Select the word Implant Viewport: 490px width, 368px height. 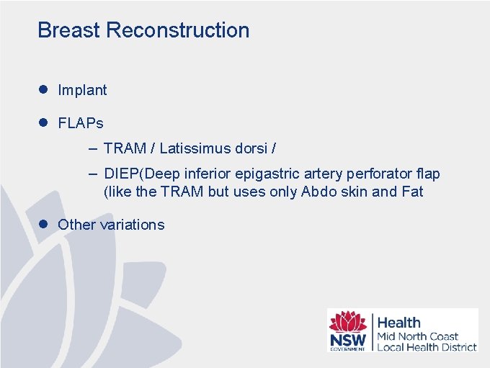click(x=82, y=90)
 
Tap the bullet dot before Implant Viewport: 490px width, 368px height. click(x=43, y=89)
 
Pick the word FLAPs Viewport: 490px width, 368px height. click(x=81, y=123)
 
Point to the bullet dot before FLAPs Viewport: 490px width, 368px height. click(x=43, y=122)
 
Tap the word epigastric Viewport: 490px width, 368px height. click(x=267, y=174)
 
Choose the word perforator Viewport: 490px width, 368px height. click(x=377, y=174)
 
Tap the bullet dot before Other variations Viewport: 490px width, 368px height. click(x=43, y=224)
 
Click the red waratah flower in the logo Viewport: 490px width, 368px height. click(x=347, y=321)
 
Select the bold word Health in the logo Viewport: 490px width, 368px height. click(x=398, y=323)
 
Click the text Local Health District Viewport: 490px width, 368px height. click(x=427, y=346)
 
